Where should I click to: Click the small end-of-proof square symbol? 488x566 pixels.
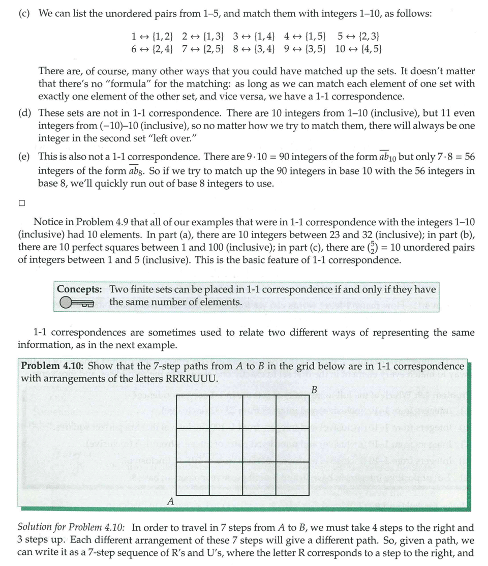[21, 203]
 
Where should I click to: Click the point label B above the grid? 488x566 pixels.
[314, 390]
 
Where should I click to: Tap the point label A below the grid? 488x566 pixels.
[171, 501]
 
